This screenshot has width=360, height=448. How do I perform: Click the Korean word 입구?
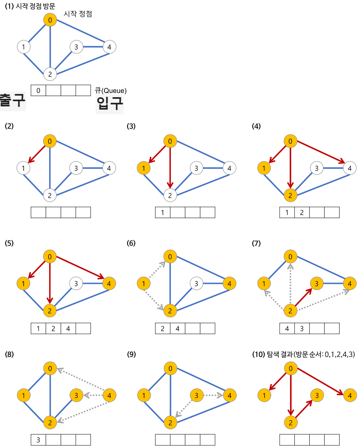[x=110, y=104]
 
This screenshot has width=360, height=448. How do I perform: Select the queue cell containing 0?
[x=38, y=90]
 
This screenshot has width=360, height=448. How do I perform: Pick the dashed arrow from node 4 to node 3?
[x=92, y=396]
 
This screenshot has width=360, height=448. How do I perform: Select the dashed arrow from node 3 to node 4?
[x=212, y=396]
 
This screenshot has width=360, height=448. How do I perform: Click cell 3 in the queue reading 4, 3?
[x=302, y=329]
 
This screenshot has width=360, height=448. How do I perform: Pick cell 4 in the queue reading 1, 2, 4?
[x=68, y=329]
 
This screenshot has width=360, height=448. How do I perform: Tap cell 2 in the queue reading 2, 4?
[x=163, y=329]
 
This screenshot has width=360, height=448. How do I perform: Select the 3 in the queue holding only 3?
[x=38, y=440]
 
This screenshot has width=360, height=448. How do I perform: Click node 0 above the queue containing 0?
[x=50, y=20]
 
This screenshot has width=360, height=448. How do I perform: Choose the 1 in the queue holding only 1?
[x=163, y=212]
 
